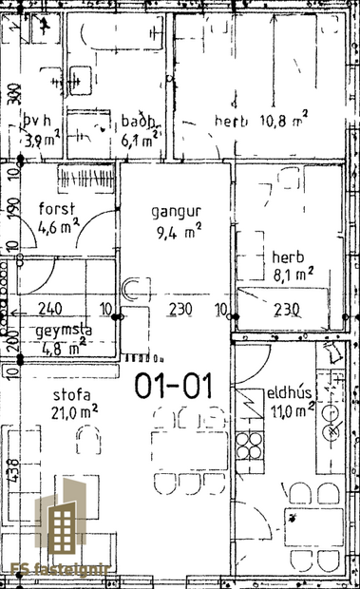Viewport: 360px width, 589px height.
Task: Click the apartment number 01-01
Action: pos(174,386)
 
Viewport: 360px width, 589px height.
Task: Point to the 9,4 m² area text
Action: pos(178,230)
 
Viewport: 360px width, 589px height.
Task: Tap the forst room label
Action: pos(58,209)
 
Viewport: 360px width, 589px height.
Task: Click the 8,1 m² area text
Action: pos(293,275)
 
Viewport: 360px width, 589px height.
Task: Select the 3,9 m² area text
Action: pos(42,139)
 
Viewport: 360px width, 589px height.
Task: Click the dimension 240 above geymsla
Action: pos(50,309)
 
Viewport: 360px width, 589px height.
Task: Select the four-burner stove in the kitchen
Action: pos(250,446)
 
